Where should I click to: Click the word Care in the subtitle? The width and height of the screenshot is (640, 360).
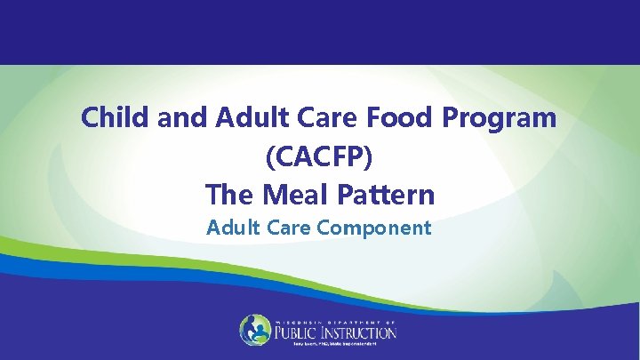tap(284, 228)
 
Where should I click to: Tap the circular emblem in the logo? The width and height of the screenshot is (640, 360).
tap(255, 330)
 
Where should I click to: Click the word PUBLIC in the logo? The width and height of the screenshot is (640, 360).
tap(298, 333)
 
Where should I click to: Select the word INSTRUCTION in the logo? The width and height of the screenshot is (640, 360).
tap(360, 333)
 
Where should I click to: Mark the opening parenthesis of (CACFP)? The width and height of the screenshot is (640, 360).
tap(269, 156)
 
